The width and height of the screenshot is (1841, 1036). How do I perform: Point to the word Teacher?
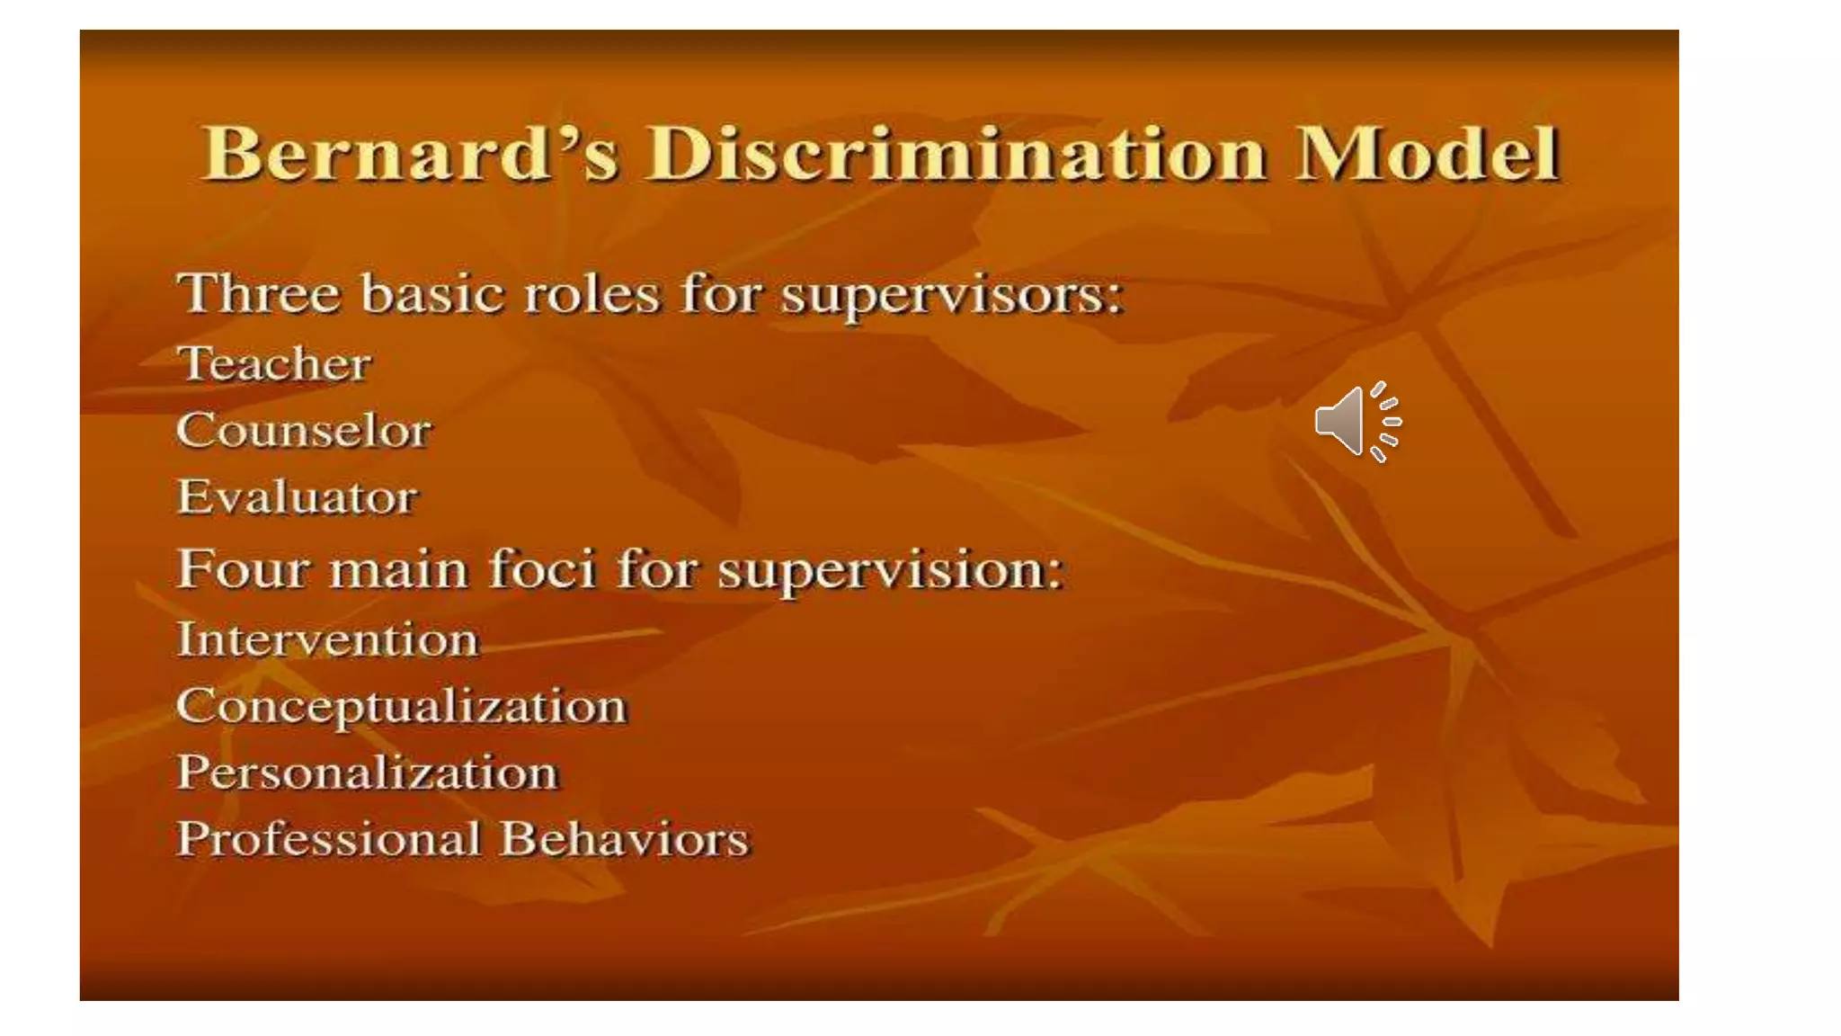(273, 364)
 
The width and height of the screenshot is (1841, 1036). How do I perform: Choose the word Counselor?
(304, 431)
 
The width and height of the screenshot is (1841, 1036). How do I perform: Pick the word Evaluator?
(297, 497)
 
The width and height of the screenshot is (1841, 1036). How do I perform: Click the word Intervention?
(327, 640)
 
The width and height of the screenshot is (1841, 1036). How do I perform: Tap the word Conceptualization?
(401, 707)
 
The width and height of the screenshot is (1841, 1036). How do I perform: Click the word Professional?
(329, 840)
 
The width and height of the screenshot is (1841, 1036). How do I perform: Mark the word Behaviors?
(624, 839)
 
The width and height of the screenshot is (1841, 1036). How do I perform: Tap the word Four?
(242, 569)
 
